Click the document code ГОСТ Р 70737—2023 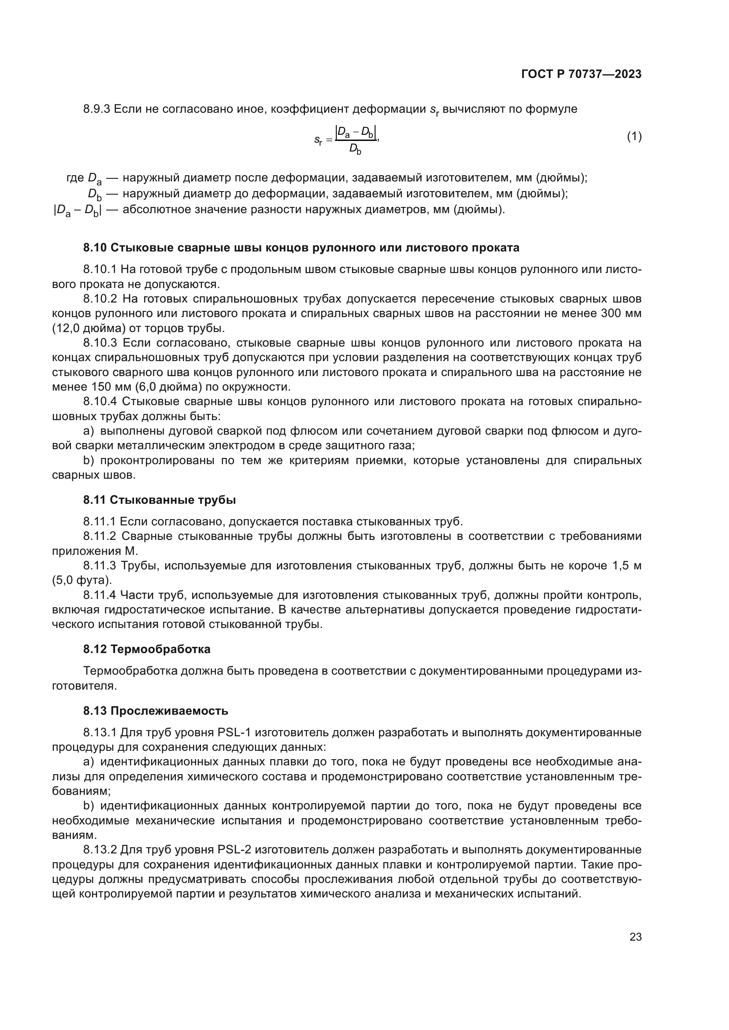581,74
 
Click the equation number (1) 634,137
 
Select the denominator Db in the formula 355,149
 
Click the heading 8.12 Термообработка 147,649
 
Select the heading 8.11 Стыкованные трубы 160,500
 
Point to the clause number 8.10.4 100,401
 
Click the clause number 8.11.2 100,536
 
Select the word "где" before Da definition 75,178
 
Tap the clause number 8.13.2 100,849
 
